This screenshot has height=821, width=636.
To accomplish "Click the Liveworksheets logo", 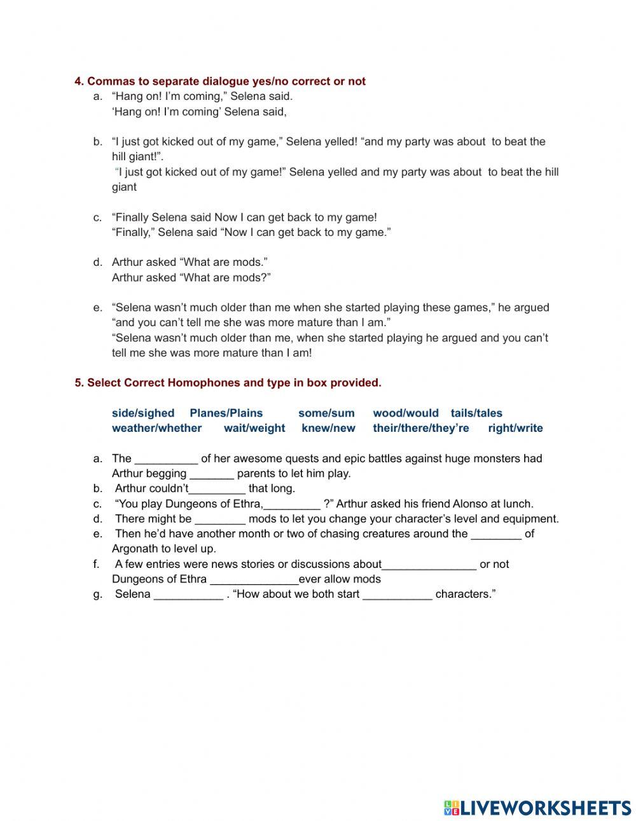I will tap(537, 808).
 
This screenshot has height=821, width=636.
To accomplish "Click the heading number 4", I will tap(79, 81).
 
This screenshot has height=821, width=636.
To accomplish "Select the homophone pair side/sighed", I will tap(142, 413).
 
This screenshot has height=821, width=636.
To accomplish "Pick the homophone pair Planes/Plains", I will tap(226, 413).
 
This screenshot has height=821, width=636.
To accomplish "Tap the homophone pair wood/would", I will tap(405, 413).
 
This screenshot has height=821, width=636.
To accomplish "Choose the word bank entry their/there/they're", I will tap(420, 429).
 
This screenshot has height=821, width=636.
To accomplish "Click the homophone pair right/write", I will tap(515, 429).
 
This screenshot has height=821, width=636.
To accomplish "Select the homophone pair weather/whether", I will tap(156, 429).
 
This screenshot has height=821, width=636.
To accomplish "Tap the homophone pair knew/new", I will tap(328, 429).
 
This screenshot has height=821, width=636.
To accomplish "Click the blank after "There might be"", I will tap(220, 520).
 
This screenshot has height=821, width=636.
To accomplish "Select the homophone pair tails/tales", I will tap(476, 413).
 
